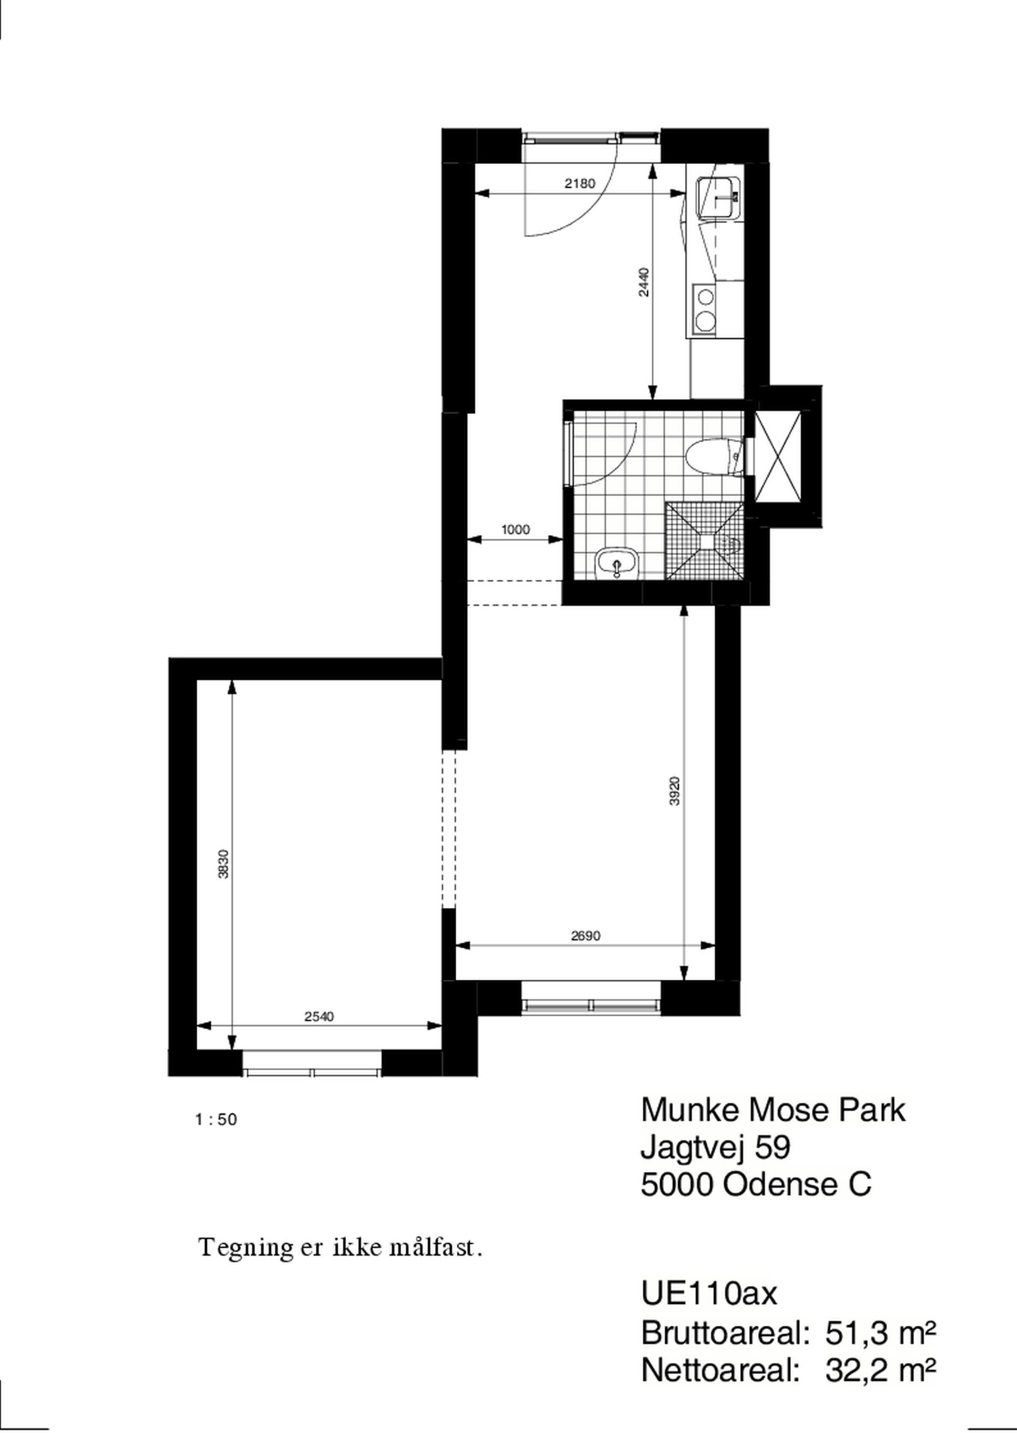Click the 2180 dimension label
point(579,184)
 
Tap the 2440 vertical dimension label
point(645,282)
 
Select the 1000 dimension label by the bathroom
point(515,529)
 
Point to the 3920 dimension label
point(675,791)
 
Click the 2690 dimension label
point(586,936)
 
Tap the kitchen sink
point(719,197)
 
